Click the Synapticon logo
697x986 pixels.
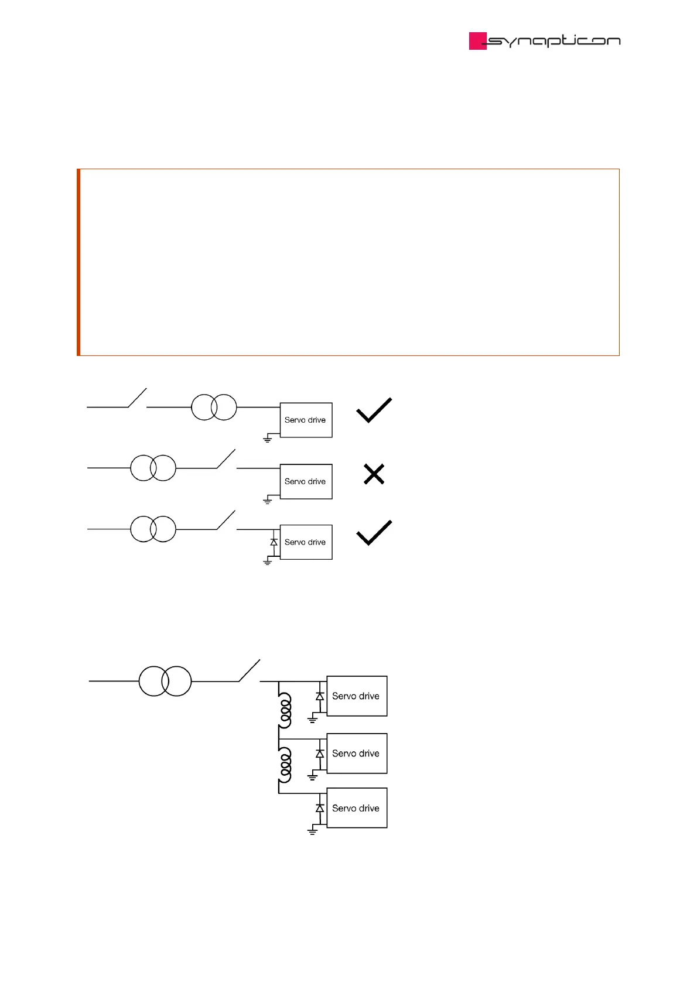click(x=545, y=41)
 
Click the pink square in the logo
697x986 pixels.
click(x=477, y=41)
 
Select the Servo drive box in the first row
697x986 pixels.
click(x=306, y=420)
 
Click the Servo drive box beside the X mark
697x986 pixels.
click(x=306, y=481)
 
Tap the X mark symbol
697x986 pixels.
click(x=374, y=474)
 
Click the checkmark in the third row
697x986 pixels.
click(x=374, y=533)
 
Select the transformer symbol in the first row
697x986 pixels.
click(x=214, y=407)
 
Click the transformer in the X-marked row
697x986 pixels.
click(x=153, y=468)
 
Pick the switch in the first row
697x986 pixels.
click(x=137, y=398)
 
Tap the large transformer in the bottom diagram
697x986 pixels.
click(x=165, y=681)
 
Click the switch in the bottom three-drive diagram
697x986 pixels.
click(x=249, y=671)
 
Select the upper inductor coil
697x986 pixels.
click(x=285, y=710)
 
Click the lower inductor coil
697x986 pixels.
click(x=285, y=765)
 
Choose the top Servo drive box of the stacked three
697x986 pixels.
click(x=357, y=696)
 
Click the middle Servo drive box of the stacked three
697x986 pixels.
click(x=357, y=754)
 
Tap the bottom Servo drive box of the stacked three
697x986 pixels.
click(x=357, y=808)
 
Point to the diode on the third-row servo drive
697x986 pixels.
click(x=274, y=542)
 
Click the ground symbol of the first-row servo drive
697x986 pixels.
click(x=268, y=439)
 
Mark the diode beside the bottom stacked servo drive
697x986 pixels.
click(x=320, y=808)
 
